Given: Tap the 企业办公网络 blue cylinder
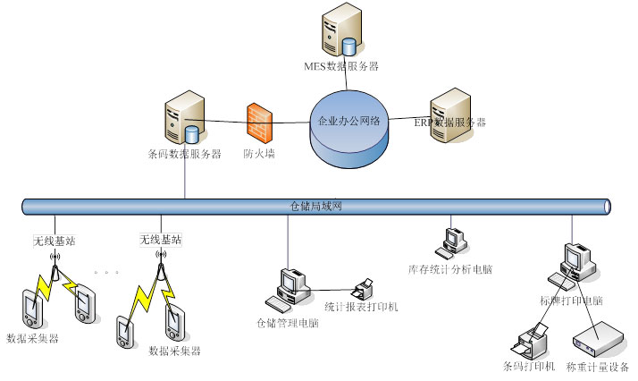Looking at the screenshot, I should [350, 125].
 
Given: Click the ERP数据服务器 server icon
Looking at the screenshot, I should [450, 114].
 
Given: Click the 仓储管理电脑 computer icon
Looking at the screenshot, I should [290, 285].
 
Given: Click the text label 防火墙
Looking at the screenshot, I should [259, 154].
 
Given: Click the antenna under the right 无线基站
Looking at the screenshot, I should [162, 264].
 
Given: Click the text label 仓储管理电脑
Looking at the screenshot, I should [288, 323].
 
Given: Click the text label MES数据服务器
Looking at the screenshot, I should [340, 67].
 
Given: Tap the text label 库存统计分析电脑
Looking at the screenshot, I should [450, 268].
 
